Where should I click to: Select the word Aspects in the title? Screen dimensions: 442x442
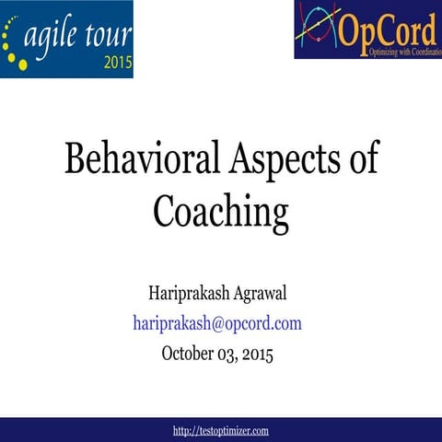tap(275, 158)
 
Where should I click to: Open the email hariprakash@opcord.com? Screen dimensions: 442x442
tap(217, 323)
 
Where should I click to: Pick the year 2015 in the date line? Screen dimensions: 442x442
tap(257, 353)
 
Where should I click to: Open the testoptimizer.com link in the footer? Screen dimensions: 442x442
tap(221, 430)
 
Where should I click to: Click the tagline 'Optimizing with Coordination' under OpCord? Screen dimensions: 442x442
tap(390, 51)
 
